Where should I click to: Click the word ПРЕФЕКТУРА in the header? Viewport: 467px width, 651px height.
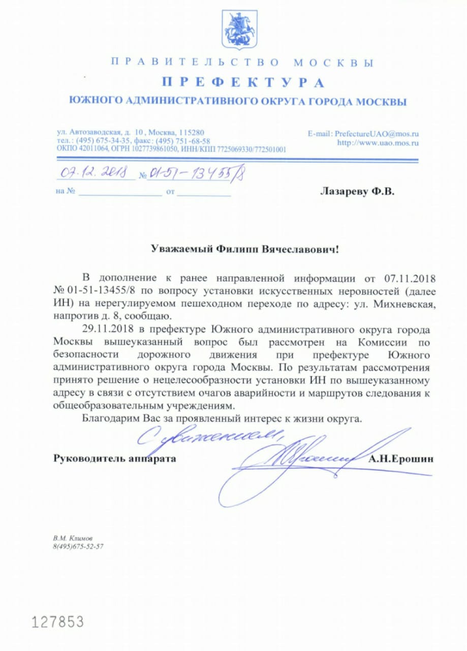pyautogui.click(x=243, y=82)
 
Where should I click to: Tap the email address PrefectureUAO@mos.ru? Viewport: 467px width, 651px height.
pyautogui.click(x=376, y=133)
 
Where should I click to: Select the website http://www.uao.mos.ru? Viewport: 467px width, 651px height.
pyautogui.click(x=378, y=143)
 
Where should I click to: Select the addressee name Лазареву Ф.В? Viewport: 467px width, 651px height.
pyautogui.click(x=357, y=192)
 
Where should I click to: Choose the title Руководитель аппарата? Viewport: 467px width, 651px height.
pyautogui.click(x=115, y=458)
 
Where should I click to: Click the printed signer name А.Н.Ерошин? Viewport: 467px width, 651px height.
pyautogui.click(x=402, y=458)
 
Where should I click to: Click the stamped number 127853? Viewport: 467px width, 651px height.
pyautogui.click(x=57, y=621)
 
